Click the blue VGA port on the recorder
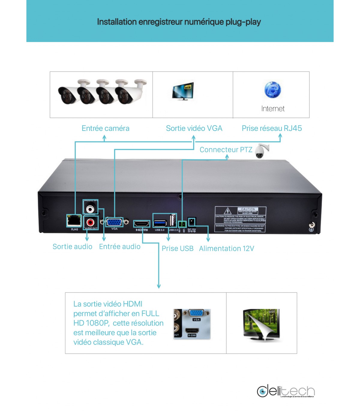pyautogui.click(x=114, y=222)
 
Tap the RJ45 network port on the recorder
pyautogui.click(x=74, y=221)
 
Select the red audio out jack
pyautogui.click(x=90, y=223)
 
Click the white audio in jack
pyautogui.click(x=90, y=208)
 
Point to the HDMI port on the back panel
pyautogui.click(x=142, y=224)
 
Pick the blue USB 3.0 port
pyautogui.click(x=160, y=223)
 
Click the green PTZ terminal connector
pyautogui.click(x=182, y=224)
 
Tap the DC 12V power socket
pyautogui.click(x=192, y=222)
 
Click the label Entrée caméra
pyautogui.click(x=105, y=129)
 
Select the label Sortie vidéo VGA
pyautogui.click(x=194, y=129)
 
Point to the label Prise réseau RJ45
pyautogui.click(x=271, y=129)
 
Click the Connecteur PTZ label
pyautogui.click(x=226, y=150)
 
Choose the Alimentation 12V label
pyautogui.click(x=226, y=249)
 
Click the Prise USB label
pyautogui.click(x=177, y=249)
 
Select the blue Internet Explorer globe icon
pyautogui.click(x=272, y=90)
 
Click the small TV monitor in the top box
pyautogui.click(x=183, y=91)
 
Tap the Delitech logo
pyautogui.click(x=286, y=391)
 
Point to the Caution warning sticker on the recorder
pyautogui.click(x=240, y=219)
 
